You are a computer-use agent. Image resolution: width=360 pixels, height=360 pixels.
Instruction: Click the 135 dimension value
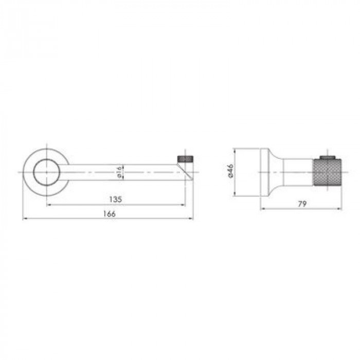115,200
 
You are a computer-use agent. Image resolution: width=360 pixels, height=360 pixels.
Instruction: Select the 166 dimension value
109,214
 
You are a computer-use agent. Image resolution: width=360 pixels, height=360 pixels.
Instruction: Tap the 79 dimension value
302,204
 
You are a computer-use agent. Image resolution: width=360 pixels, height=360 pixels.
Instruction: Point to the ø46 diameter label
230,170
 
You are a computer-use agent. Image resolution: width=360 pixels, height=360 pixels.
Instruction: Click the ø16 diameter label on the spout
119,172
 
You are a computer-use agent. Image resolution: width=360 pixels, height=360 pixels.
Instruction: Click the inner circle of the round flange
47,172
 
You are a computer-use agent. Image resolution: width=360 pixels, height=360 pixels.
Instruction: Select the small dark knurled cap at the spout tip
185,159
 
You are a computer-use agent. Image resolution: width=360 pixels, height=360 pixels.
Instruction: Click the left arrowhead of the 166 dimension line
24,219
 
